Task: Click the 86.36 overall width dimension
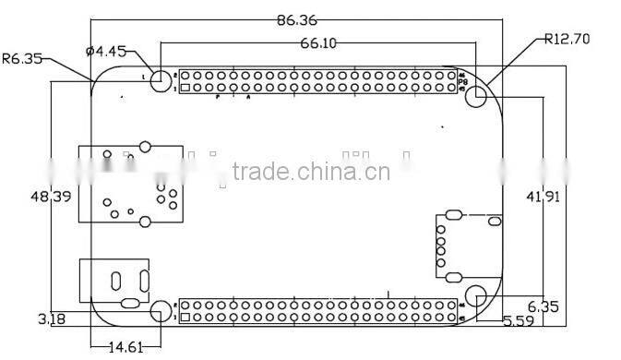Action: coord(301,18)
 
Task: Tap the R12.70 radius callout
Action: coord(567,39)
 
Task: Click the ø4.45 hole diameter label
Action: coord(105,52)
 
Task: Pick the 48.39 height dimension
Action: coord(51,196)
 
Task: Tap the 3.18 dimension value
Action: coord(51,319)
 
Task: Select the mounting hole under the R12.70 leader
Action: coord(477,95)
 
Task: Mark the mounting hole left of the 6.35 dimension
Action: coord(476,295)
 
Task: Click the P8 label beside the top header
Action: coord(463,82)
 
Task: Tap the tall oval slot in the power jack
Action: coord(117,281)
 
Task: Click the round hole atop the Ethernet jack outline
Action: coord(144,146)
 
